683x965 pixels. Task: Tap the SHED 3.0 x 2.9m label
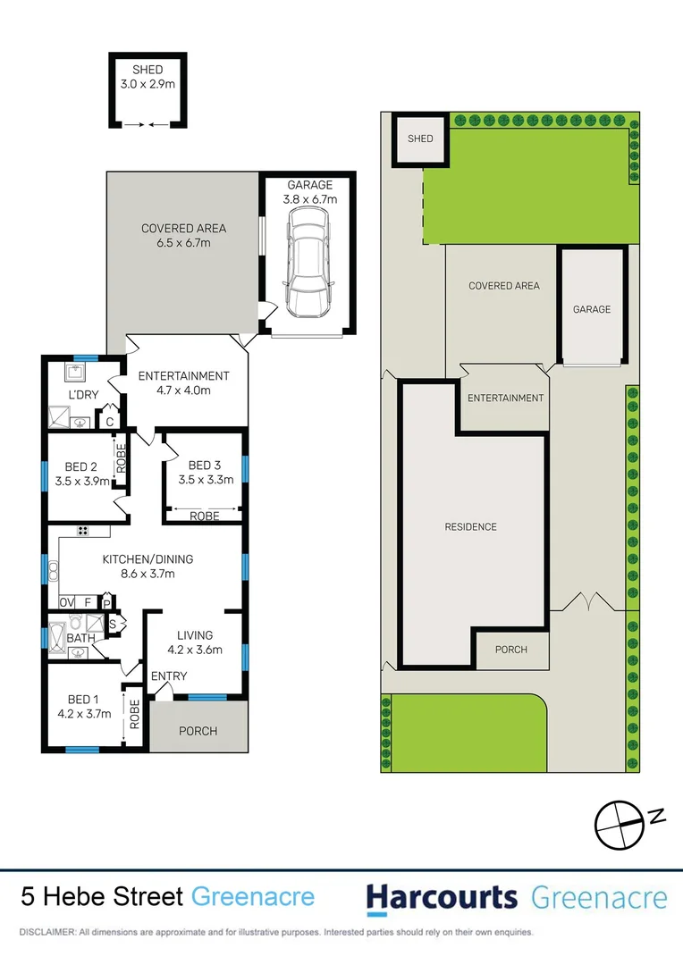[148, 77]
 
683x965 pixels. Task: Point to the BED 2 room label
[81, 466]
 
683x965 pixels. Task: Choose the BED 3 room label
[205, 466]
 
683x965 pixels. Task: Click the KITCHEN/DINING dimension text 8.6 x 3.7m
[148, 575]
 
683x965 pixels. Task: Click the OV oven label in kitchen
[67, 602]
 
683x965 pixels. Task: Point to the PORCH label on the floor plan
[198, 731]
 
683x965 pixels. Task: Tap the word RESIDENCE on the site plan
[470, 527]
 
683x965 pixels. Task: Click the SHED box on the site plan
[420, 138]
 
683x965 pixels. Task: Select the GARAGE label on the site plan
[592, 309]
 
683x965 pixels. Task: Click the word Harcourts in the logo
[443, 897]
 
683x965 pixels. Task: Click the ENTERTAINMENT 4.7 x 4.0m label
[183, 383]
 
